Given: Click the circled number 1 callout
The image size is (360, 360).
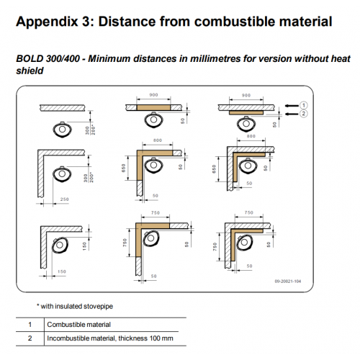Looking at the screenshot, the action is tap(304, 105).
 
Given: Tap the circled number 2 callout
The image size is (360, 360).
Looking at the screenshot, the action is tap(304, 114).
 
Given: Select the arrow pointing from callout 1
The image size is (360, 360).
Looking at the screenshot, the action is tap(292, 106).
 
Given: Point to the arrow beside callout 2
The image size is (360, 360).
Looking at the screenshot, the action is tap(292, 114).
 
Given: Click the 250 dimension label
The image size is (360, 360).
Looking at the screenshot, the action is tap(64, 199).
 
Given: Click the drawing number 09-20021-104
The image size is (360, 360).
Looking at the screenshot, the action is tap(288, 282).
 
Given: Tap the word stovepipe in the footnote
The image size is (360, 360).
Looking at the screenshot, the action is tap(98, 307).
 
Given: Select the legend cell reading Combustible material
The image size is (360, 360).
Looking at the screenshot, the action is tap(78, 325).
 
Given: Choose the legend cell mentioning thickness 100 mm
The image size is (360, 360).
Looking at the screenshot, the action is tap(110, 338).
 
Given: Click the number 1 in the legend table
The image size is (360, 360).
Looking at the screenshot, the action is tap(30, 325).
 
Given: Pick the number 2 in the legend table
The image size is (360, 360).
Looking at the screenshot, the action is tap(30, 338).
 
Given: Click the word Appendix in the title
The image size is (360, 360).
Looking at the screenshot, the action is tap(47, 22).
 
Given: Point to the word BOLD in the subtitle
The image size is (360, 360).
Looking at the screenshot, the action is tap(30, 59).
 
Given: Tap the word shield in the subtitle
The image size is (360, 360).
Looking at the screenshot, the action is tap(30, 71).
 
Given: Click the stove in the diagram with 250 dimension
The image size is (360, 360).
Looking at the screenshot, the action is tap(62, 174).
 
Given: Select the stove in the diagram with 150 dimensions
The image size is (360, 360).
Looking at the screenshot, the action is tap(60, 246).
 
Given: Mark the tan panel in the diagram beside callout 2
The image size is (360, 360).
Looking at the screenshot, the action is tap(246, 113).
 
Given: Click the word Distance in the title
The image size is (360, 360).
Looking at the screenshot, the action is tap(127, 22).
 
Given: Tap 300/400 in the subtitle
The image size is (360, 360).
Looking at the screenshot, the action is tap(63, 59).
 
